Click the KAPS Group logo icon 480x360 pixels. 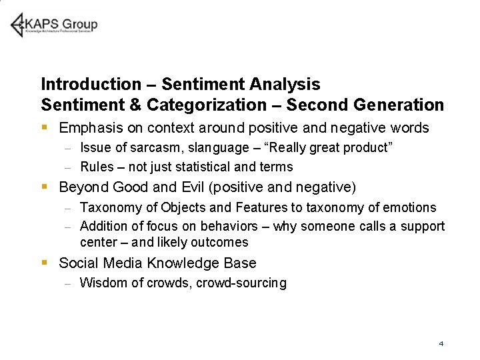[x=18, y=25]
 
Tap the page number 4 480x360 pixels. [x=441, y=343]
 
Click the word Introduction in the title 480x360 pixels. [x=90, y=85]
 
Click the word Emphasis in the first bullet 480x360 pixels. [x=88, y=127]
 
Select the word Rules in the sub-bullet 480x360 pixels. [x=97, y=167]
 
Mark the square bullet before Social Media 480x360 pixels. [x=44, y=263]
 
